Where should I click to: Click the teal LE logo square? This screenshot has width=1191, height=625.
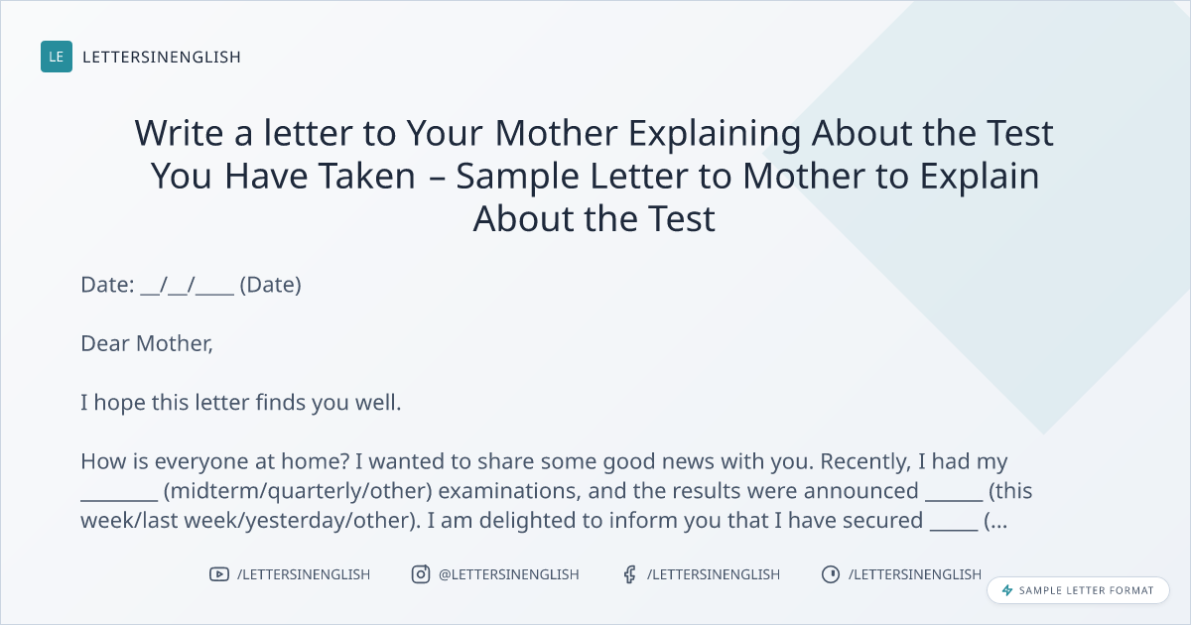57,57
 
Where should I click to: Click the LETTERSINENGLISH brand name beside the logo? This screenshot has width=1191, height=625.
162,57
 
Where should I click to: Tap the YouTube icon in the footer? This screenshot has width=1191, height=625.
219,574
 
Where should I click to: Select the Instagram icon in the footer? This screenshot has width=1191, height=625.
421,574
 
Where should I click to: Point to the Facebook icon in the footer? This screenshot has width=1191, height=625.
630,574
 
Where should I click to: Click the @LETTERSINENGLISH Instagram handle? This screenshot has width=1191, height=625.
509,574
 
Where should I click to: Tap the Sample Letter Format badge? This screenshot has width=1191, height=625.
1078,590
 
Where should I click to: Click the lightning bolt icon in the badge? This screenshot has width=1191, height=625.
1007,590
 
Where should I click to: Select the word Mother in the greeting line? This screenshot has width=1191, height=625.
175,344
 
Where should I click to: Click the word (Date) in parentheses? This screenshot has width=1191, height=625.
271,285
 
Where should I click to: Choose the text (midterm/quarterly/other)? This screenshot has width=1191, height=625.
299,491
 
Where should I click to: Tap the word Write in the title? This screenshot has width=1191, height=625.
179,133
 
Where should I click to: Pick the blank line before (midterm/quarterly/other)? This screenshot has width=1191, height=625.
119,500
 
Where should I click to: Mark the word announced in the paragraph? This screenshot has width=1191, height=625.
860,491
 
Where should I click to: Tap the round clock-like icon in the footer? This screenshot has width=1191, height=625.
831,574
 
